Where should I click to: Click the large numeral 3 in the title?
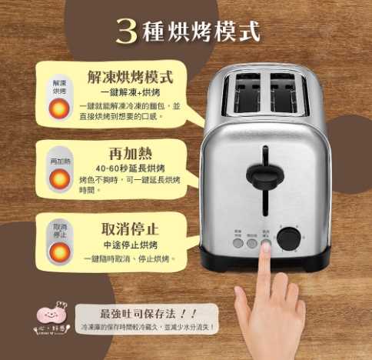click(127, 30)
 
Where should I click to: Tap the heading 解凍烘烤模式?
click(130, 77)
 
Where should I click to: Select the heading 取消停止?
click(130, 228)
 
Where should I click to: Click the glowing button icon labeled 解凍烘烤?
click(59, 109)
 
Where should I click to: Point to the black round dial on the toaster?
click(288, 238)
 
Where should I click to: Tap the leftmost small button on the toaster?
click(238, 242)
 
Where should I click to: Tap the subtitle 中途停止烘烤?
click(129, 245)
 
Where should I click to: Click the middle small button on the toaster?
click(252, 242)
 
